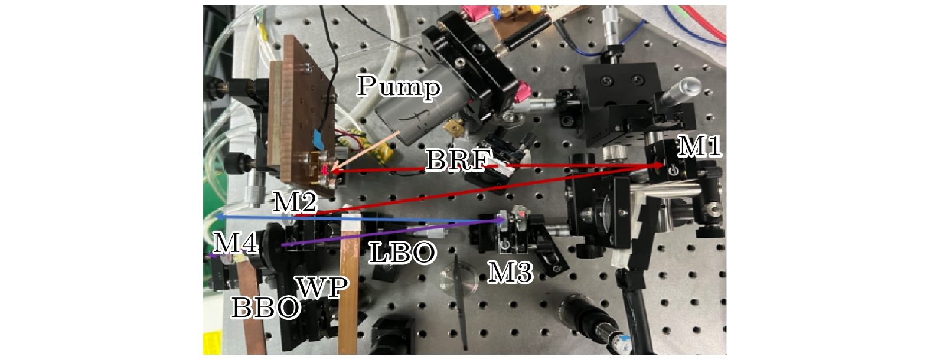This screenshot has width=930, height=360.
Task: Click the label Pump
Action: click(399, 87)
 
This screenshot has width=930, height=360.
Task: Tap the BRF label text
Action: click(459, 160)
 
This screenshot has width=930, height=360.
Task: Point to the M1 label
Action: click(699, 146)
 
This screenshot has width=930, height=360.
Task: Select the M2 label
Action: click(295, 203)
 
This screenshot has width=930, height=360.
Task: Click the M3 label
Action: click(510, 272)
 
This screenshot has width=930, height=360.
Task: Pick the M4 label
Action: click(235, 242)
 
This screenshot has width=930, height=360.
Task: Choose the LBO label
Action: click(403, 253)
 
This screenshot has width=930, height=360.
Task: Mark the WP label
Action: click(322, 287)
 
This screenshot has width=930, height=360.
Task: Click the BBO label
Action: click(266, 307)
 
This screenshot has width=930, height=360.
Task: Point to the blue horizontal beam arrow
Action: click(354, 219)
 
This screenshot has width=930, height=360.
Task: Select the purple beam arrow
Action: click(390, 233)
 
